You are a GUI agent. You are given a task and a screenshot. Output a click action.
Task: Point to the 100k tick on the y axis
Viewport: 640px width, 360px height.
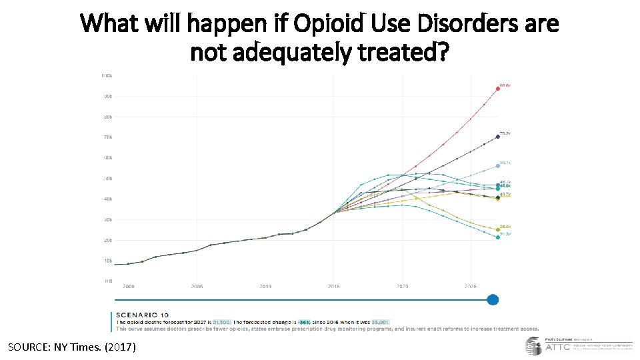106,75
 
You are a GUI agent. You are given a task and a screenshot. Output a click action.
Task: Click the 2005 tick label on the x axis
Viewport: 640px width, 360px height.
197,287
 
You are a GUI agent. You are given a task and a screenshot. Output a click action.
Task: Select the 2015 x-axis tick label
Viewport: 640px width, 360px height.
334,287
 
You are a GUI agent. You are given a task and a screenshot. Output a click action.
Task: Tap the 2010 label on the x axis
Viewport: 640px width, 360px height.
265,287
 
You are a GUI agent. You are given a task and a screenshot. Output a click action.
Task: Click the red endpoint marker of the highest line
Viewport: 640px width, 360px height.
497,89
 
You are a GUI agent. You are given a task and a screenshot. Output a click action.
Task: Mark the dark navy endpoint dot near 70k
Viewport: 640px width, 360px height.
497,137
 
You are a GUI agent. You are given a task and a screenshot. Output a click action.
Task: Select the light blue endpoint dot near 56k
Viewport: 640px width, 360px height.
497,165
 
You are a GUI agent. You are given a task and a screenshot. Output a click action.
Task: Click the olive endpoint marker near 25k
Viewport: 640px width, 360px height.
497,230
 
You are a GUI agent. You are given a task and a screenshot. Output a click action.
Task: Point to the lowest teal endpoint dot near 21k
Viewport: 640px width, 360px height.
497,237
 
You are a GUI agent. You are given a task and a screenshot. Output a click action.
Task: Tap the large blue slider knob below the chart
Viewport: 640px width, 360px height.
493,299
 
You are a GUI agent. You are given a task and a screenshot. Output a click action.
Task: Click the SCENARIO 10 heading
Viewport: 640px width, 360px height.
143,315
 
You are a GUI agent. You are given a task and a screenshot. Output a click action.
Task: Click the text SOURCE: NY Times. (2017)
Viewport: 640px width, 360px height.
71,347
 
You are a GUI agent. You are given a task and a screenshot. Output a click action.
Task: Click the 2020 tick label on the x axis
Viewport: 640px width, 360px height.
403,287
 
